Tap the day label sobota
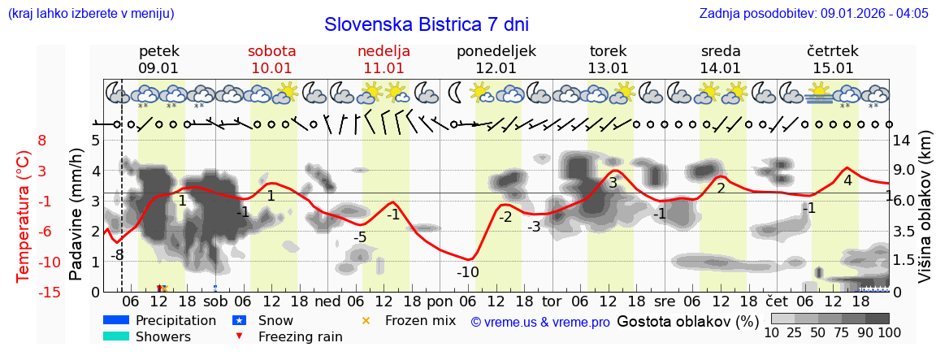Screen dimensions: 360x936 point(272,51)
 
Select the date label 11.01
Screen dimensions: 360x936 point(384,68)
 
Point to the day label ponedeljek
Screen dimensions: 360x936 point(496,51)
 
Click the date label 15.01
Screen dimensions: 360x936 point(834,68)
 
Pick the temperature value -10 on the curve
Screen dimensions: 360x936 point(467,272)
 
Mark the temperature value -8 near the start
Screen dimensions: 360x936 point(117,254)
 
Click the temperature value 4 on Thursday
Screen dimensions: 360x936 point(847,180)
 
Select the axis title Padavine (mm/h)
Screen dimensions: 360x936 point(76,215)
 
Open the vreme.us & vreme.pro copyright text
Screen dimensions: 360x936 point(539,322)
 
